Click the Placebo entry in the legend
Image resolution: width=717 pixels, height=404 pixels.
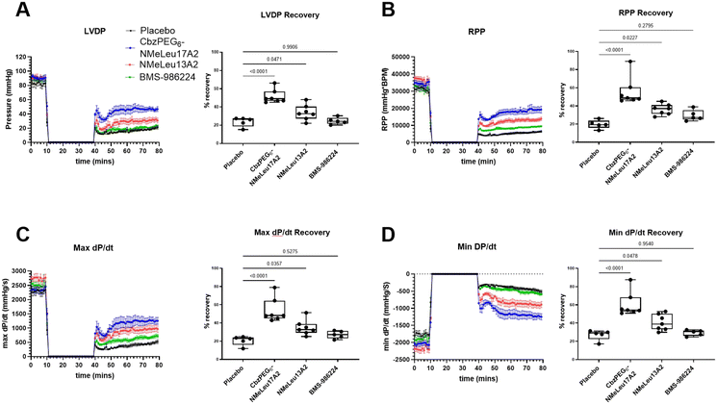coord(137,31)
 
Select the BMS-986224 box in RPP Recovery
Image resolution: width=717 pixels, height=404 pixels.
coord(664,114)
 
